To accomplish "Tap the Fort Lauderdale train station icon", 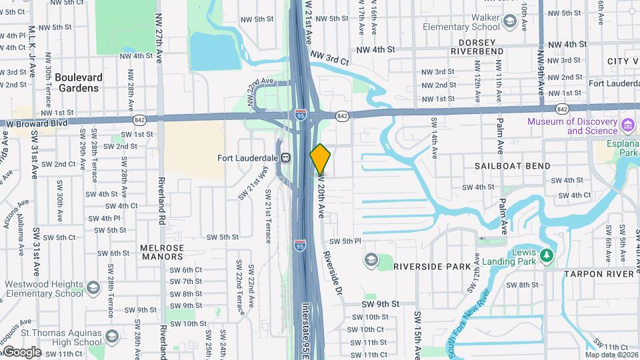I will tap(285, 158).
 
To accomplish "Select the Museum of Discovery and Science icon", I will tap(627, 125).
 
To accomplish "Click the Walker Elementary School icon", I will tap(510, 22).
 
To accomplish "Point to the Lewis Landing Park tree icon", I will tap(547, 255).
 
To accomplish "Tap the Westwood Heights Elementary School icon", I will tap(93, 287).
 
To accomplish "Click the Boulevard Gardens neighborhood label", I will tap(79, 82).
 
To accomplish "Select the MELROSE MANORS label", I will tap(162, 252).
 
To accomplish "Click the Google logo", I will tap(21, 352).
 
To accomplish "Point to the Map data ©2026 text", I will tap(611, 355).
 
